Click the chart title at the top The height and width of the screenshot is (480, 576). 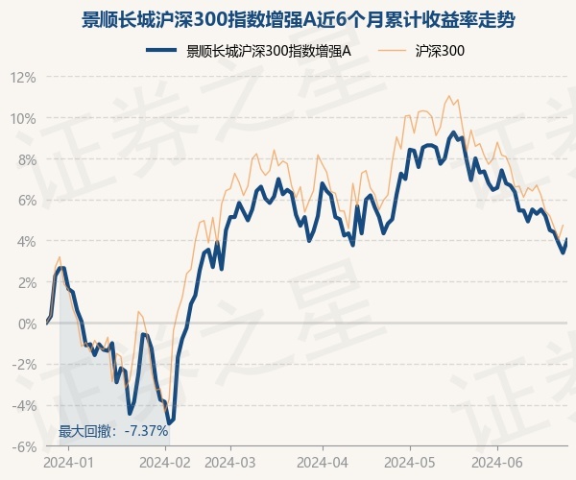pos(298,20)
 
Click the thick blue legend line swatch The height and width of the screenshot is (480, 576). pos(161,50)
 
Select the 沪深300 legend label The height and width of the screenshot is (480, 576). pos(440,51)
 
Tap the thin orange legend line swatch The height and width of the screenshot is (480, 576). pos(393,50)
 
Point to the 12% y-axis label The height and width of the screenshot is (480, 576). pos(23,78)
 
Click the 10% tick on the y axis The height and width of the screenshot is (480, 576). pos(23,119)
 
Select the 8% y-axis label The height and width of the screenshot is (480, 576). pos(27,160)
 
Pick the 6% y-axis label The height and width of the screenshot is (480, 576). pos(27,201)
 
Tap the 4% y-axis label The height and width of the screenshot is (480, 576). pos(27,242)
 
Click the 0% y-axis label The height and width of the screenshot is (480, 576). pos(27,324)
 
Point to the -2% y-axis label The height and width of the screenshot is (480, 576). pos(24,365)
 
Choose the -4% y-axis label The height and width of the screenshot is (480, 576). pos(24,406)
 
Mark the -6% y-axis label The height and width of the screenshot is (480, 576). pos(24,447)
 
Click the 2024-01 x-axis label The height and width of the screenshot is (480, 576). pos(69,463)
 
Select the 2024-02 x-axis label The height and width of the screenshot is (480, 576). pos(165,463)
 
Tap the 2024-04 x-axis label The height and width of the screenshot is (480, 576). pos(323,463)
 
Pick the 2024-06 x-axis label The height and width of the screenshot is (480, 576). pos(497,463)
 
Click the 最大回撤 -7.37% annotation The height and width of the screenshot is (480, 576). pos(113,431)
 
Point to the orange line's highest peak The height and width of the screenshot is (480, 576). pos(448,96)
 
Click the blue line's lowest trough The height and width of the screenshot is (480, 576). pos(169,423)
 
